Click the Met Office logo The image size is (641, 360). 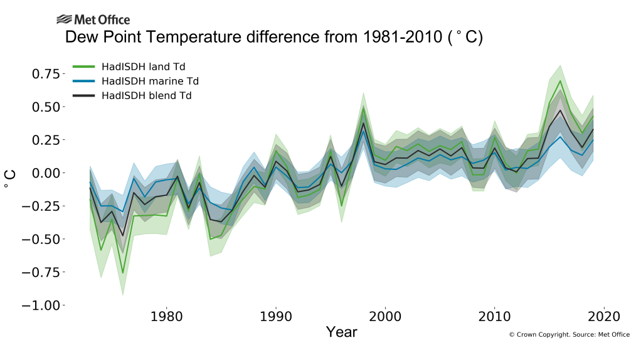(93, 20)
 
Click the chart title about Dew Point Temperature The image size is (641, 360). (273, 38)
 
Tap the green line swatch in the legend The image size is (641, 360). (84, 66)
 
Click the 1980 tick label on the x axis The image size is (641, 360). (166, 316)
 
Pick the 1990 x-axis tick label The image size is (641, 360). (276, 316)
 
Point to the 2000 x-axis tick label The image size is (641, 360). (385, 316)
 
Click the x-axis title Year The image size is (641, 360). (341, 332)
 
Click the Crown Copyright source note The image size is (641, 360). (569, 335)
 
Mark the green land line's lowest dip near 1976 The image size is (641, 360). (123, 273)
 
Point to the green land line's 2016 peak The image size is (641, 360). (560, 80)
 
